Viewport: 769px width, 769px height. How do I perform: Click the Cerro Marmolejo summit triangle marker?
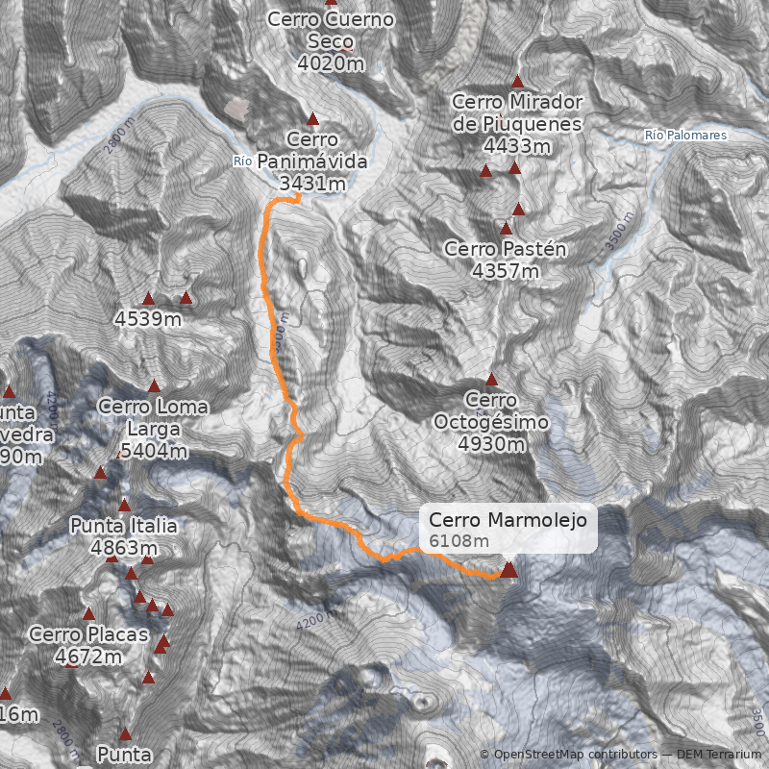(x=509, y=570)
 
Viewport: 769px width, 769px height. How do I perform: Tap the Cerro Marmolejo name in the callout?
(x=508, y=520)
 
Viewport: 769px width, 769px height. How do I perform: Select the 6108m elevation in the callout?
(x=459, y=541)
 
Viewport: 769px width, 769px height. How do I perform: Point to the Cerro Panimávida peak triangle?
(x=312, y=115)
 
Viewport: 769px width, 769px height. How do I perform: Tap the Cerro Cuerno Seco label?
(x=331, y=40)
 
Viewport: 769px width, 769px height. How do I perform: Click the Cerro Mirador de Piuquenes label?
(x=516, y=123)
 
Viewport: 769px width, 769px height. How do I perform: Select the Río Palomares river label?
(x=685, y=136)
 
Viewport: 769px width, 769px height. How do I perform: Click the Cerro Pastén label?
(x=506, y=260)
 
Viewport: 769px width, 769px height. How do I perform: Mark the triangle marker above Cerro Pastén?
(x=507, y=229)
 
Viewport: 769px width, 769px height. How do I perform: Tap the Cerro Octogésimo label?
(x=491, y=421)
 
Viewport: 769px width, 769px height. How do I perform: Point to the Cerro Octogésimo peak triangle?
(x=491, y=380)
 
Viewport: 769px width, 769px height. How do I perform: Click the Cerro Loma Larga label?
(x=153, y=429)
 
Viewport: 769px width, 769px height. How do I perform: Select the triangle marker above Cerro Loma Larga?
(x=154, y=386)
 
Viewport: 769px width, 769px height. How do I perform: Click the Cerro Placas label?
(x=88, y=645)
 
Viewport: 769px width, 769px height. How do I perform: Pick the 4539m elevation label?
(x=147, y=317)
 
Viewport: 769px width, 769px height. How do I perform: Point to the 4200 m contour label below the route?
(x=316, y=620)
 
